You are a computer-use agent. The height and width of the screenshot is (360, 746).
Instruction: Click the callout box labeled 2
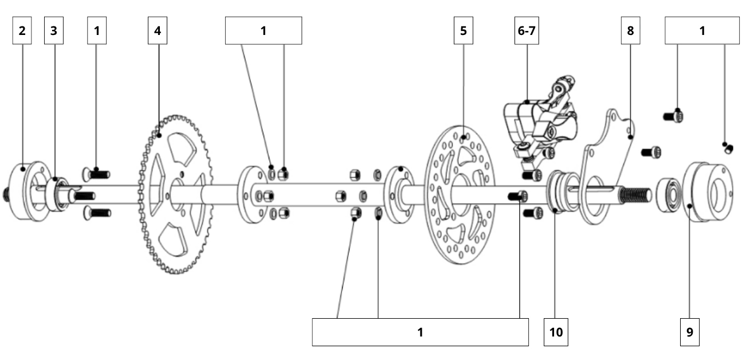point(22,31)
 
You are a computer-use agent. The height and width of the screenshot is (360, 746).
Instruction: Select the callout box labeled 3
point(54,31)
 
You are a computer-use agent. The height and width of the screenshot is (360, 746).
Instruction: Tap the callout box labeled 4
point(157,31)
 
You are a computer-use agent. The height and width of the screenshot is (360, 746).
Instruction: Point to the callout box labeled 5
point(463,31)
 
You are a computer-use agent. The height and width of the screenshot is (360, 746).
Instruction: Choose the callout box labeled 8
point(630,31)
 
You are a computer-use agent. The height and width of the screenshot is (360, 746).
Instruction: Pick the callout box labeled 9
point(690,332)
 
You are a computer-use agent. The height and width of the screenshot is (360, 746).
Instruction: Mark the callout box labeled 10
point(556,332)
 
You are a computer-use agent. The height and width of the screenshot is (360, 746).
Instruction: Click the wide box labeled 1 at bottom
point(420,332)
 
